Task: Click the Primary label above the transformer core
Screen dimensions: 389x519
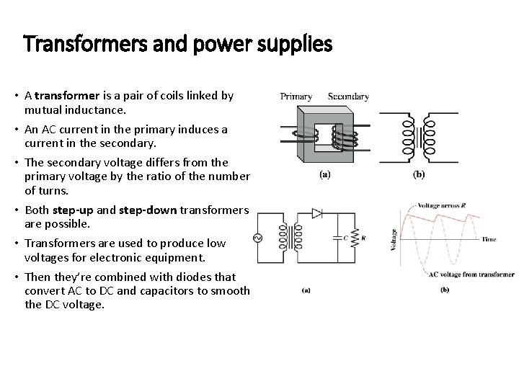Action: click(x=296, y=96)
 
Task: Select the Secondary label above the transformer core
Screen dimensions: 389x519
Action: click(x=348, y=96)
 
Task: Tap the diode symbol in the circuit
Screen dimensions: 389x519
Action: click(x=316, y=213)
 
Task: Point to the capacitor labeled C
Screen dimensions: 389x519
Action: click(x=338, y=237)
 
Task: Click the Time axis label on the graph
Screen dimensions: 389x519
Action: click(x=489, y=238)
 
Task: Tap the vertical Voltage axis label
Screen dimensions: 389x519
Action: click(x=394, y=238)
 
